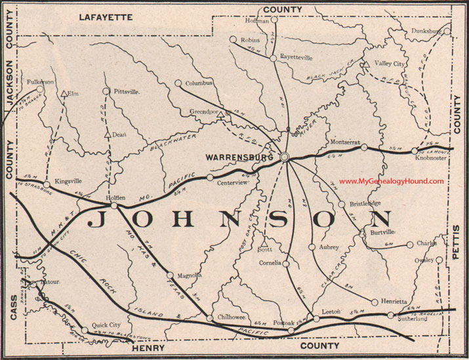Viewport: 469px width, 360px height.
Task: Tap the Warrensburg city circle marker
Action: pyautogui.click(x=285, y=157)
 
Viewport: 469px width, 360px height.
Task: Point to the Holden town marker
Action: pyautogui.click(x=114, y=206)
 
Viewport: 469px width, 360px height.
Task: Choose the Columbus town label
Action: pyautogui.click(x=199, y=84)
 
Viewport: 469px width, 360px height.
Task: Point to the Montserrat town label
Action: pyautogui.click(x=345, y=142)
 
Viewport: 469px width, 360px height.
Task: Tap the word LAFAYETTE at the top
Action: pyautogui.click(x=106, y=16)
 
